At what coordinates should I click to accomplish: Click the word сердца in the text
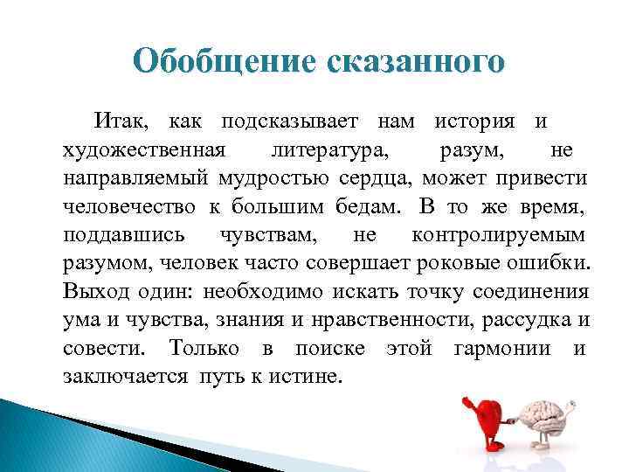point(377,178)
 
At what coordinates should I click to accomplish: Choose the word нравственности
point(400,321)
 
